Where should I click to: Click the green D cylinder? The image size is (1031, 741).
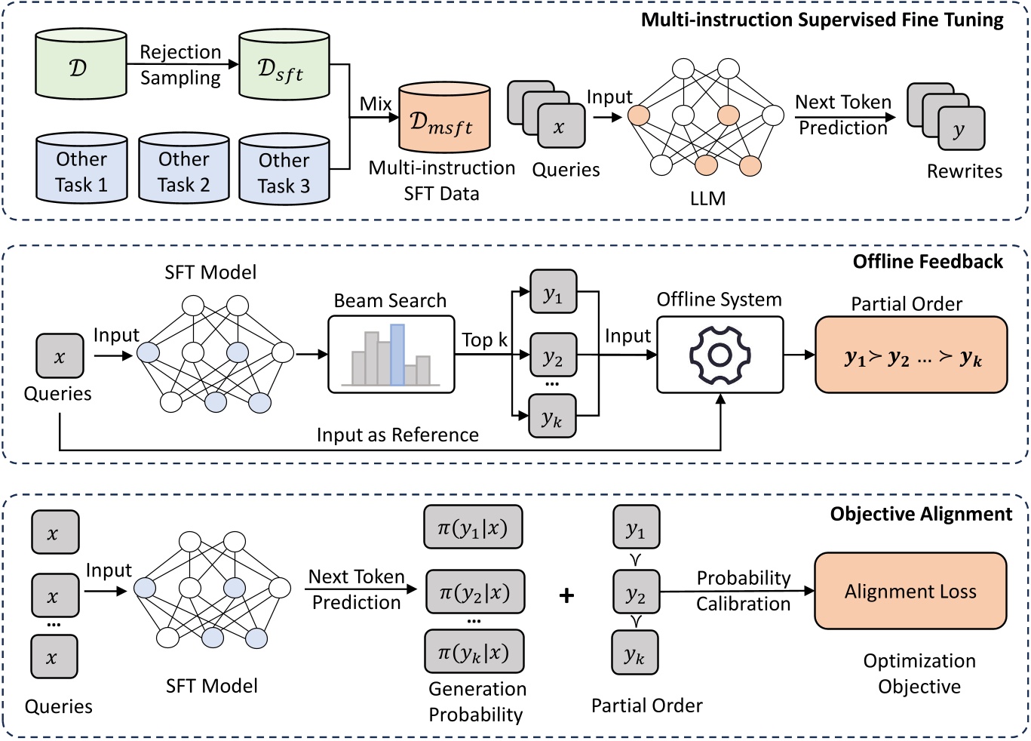pyautogui.click(x=81, y=66)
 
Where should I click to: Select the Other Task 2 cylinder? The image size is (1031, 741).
pyautogui.click(x=183, y=171)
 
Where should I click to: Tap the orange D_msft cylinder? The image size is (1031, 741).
pyautogui.click(x=444, y=119)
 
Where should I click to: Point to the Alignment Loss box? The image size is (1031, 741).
pyautogui.click(x=910, y=592)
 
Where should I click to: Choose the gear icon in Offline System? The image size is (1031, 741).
pyautogui.click(x=720, y=355)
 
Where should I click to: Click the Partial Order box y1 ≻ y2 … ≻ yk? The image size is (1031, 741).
pyautogui.click(x=911, y=355)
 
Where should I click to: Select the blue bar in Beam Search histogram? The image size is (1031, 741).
pyautogui.click(x=397, y=355)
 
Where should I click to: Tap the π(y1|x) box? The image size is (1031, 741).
pyautogui.click(x=473, y=527)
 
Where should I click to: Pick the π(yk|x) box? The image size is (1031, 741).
pyautogui.click(x=474, y=651)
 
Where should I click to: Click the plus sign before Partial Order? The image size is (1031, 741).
pyautogui.click(x=566, y=595)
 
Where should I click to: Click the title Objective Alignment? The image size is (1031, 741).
pyautogui.click(x=921, y=514)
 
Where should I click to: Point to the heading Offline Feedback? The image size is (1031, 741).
pyautogui.click(x=928, y=262)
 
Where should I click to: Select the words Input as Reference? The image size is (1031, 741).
pyautogui.click(x=397, y=435)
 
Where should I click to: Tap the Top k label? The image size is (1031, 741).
pyautogui.click(x=484, y=340)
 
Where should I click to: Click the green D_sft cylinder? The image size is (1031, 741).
pyautogui.click(x=284, y=66)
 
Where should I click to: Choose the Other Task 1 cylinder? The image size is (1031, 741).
pyautogui.click(x=81, y=171)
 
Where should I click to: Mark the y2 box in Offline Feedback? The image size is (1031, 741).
pyautogui.click(x=553, y=355)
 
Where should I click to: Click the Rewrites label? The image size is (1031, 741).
pyautogui.click(x=965, y=171)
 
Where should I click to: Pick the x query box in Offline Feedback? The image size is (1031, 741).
pyautogui.click(x=60, y=356)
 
